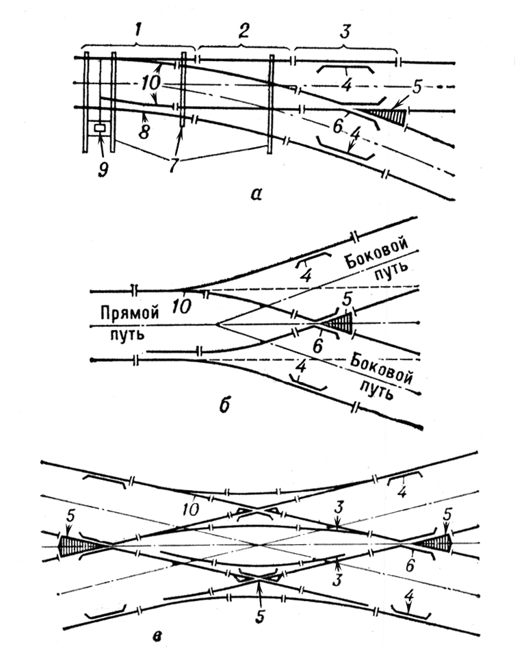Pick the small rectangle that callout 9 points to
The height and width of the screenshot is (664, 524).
tap(101, 127)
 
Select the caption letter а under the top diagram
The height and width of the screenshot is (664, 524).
tap(256, 194)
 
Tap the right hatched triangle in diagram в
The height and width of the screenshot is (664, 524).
tap(437, 543)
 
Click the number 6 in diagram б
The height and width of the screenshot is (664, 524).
tap(317, 348)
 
